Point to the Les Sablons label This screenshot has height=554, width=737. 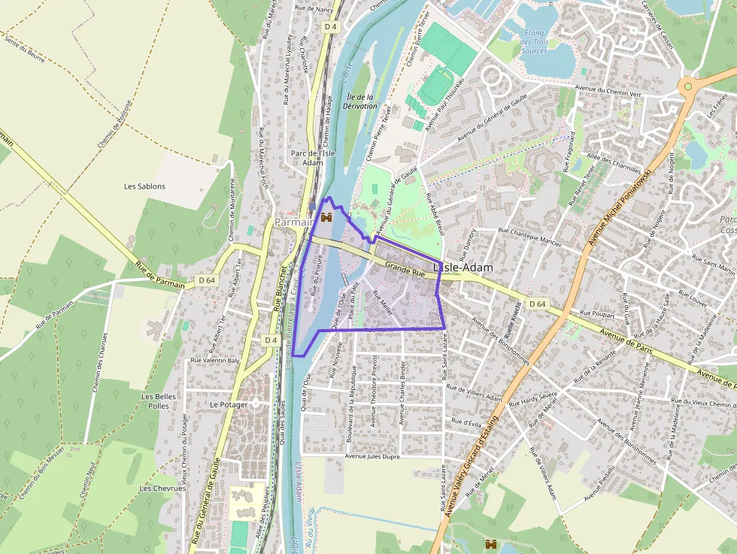(x=144, y=186)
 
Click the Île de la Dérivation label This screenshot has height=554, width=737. (x=359, y=101)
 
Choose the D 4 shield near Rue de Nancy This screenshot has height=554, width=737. (x=329, y=26)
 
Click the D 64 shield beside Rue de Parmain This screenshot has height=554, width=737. (x=207, y=280)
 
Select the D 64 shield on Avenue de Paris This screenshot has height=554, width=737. (x=536, y=304)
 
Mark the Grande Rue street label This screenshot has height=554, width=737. (x=400, y=267)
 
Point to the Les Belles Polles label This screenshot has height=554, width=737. (x=159, y=401)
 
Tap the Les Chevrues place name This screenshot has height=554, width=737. (x=162, y=488)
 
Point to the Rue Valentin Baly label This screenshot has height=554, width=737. (x=215, y=360)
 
